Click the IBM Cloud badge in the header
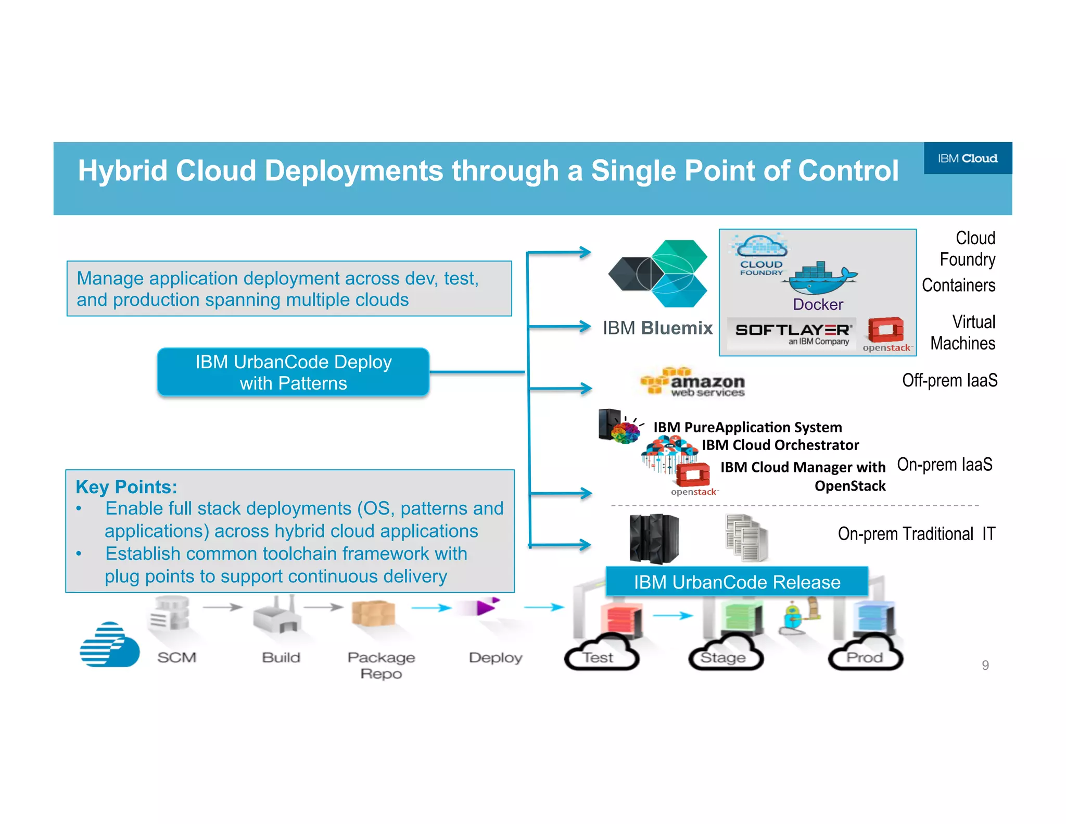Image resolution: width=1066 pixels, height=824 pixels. tap(967, 158)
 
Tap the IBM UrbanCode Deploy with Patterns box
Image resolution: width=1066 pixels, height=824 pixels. tap(293, 372)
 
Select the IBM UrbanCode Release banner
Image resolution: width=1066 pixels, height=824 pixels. tap(737, 582)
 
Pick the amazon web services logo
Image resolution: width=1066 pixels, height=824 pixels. tap(693, 383)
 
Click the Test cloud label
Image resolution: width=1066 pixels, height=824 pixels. tap(598, 658)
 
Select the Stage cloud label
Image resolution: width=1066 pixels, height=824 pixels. tap(723, 658)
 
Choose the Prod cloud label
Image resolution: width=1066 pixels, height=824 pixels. tap(865, 658)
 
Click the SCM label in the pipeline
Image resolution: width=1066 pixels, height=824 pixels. tap(177, 657)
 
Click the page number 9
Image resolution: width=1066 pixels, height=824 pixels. tap(985, 665)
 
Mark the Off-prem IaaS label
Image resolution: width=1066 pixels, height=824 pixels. tap(949, 381)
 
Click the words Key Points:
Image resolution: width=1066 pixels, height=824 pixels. tap(126, 487)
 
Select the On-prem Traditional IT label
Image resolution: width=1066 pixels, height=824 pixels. tap(916, 534)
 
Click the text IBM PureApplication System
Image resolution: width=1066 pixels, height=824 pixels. tap(747, 428)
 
